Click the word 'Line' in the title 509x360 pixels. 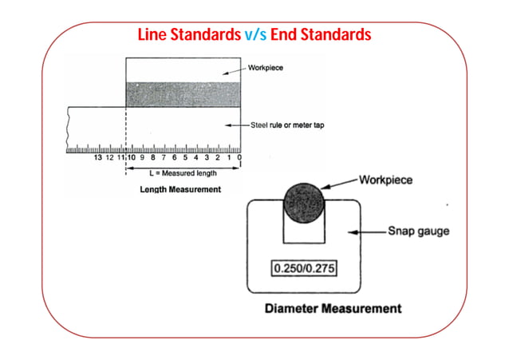point(152,34)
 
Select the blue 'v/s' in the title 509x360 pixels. point(256,34)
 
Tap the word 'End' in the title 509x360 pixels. point(283,34)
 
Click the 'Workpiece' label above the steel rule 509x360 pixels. point(266,68)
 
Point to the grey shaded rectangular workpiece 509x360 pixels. point(183,94)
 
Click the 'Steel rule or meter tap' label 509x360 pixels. point(287,125)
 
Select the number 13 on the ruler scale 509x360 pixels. point(97,157)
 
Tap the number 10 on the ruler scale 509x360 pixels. point(131,157)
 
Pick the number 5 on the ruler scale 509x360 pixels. point(185,157)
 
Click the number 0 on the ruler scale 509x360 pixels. point(239,157)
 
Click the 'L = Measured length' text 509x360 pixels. point(183,173)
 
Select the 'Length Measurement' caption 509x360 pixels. point(180,189)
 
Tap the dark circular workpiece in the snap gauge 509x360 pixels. point(304,203)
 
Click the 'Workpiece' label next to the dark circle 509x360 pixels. point(385,180)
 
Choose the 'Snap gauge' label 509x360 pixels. point(419,231)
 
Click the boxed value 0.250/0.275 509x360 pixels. point(304,268)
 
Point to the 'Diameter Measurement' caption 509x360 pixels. point(333,308)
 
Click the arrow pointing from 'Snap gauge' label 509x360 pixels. point(367,232)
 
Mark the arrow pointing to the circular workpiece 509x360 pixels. point(339,184)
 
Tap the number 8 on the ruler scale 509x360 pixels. point(153,157)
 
